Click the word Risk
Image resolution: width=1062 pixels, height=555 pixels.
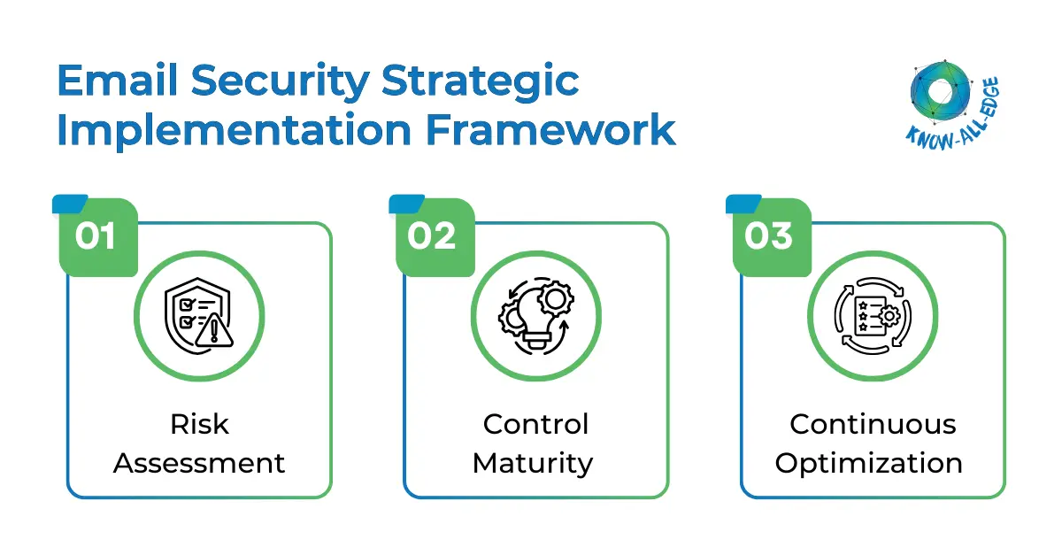click(199, 424)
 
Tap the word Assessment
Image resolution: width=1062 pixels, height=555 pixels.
click(199, 463)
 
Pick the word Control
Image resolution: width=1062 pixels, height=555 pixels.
click(535, 424)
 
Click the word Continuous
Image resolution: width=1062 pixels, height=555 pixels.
click(873, 424)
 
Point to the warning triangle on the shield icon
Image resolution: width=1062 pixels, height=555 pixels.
click(215, 333)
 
